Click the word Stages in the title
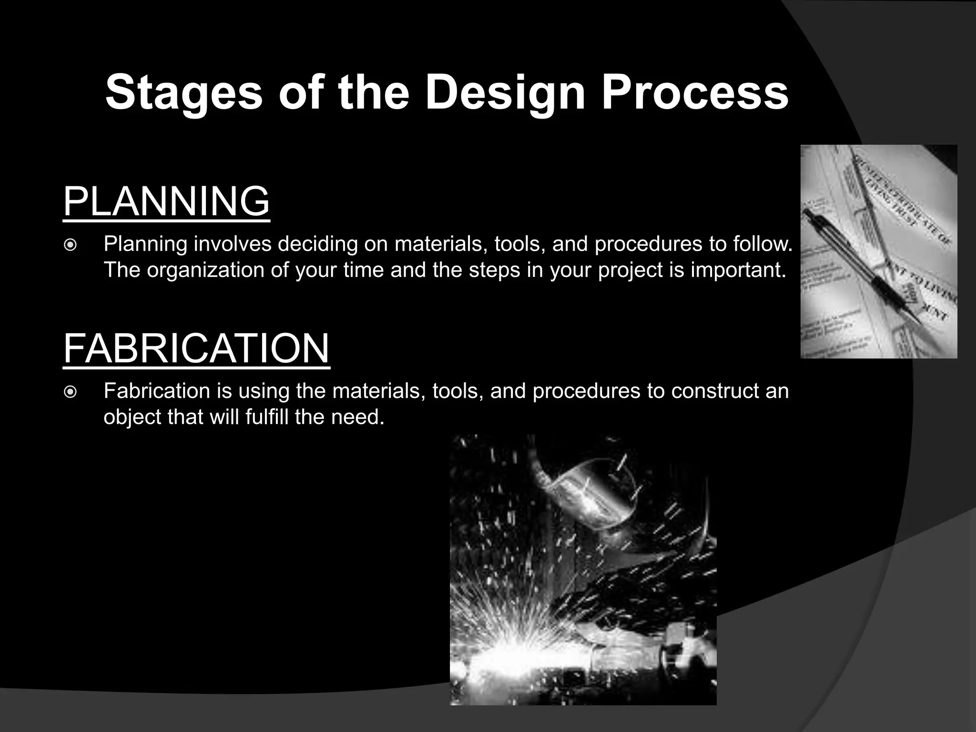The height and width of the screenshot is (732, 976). click(x=183, y=93)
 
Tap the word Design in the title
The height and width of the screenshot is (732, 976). click(x=505, y=93)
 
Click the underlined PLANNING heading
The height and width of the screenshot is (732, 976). click(x=166, y=202)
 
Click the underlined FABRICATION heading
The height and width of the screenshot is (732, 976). click(x=196, y=348)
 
